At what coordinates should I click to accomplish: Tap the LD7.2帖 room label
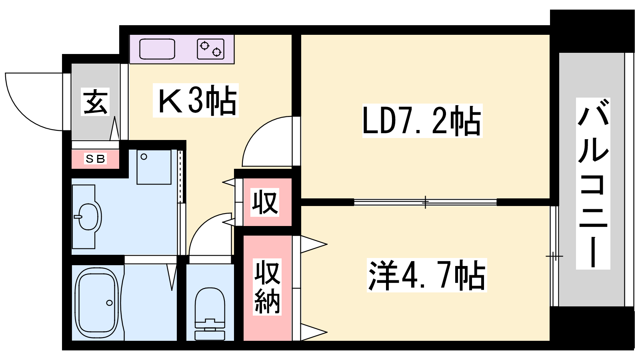coord(422,120)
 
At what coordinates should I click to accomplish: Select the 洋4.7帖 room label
coord(426,275)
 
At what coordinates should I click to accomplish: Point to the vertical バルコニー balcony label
coord(593,184)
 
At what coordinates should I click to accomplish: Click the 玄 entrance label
coord(95,102)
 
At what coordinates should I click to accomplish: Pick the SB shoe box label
coord(96,158)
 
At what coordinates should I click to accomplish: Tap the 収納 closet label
coord(267,287)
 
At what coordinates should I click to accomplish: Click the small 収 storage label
coord(265,202)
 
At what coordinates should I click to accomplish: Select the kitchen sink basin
coord(157,49)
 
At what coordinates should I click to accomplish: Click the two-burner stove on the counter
coord(210,49)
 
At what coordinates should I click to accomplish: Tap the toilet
coord(210,314)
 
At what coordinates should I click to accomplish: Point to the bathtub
coord(96,303)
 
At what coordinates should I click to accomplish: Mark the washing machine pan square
coord(154,167)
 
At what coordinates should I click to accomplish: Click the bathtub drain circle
coord(109,303)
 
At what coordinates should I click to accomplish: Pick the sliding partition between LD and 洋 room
coord(425,202)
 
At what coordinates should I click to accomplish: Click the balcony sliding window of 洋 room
coord(554,256)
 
